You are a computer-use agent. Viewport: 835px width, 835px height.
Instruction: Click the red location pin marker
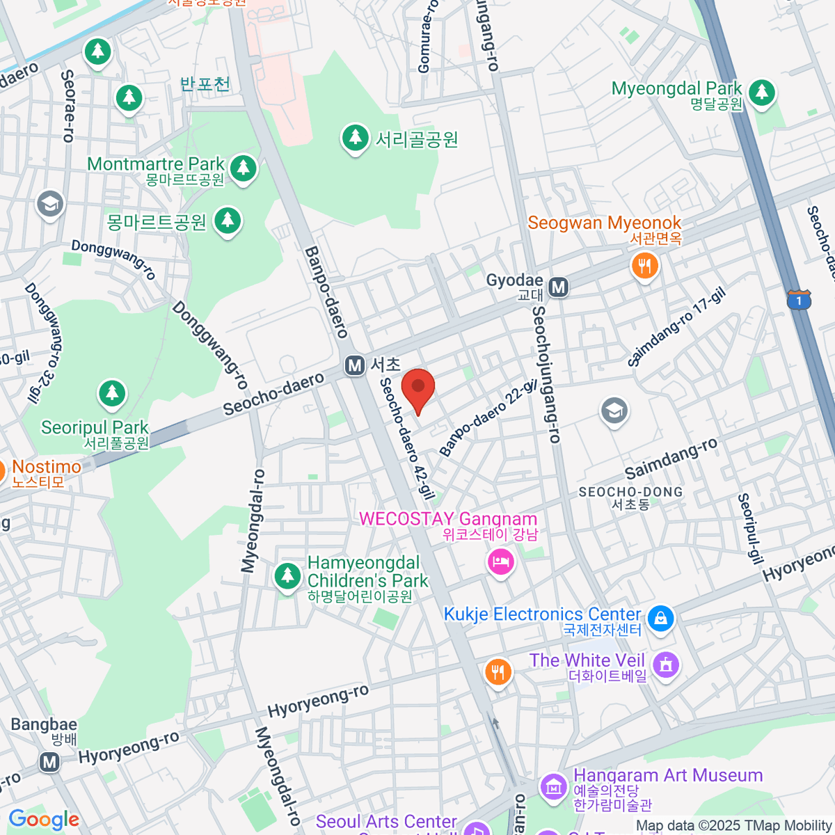pos(418,389)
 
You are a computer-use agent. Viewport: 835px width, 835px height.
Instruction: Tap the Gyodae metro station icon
pos(558,287)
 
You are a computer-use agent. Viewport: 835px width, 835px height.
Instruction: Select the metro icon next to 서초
pos(355,365)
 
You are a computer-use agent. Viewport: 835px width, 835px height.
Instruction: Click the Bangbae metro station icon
pos(49,762)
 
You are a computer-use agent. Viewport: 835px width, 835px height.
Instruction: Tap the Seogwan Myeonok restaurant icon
pos(645,265)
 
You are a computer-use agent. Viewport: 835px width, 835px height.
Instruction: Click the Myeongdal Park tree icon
pos(762,93)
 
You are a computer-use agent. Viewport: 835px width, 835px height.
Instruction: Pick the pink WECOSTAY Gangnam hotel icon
pos(500,560)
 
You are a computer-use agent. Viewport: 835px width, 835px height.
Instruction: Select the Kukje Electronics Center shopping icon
pos(660,617)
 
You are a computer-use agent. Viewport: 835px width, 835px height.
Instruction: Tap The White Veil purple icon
pos(666,664)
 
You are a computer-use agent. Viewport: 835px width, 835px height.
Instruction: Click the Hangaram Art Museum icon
pos(555,787)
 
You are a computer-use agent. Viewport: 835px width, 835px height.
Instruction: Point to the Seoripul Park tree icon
pos(112,393)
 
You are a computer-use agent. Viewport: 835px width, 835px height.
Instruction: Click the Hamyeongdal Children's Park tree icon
pos(287,576)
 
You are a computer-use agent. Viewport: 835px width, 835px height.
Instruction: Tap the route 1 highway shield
pos(799,300)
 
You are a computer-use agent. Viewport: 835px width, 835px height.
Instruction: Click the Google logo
pos(44,820)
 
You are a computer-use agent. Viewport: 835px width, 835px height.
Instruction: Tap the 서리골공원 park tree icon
pos(356,138)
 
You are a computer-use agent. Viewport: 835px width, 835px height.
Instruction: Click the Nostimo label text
pos(47,467)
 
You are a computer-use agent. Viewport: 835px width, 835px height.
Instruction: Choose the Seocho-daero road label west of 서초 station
pos(273,394)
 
